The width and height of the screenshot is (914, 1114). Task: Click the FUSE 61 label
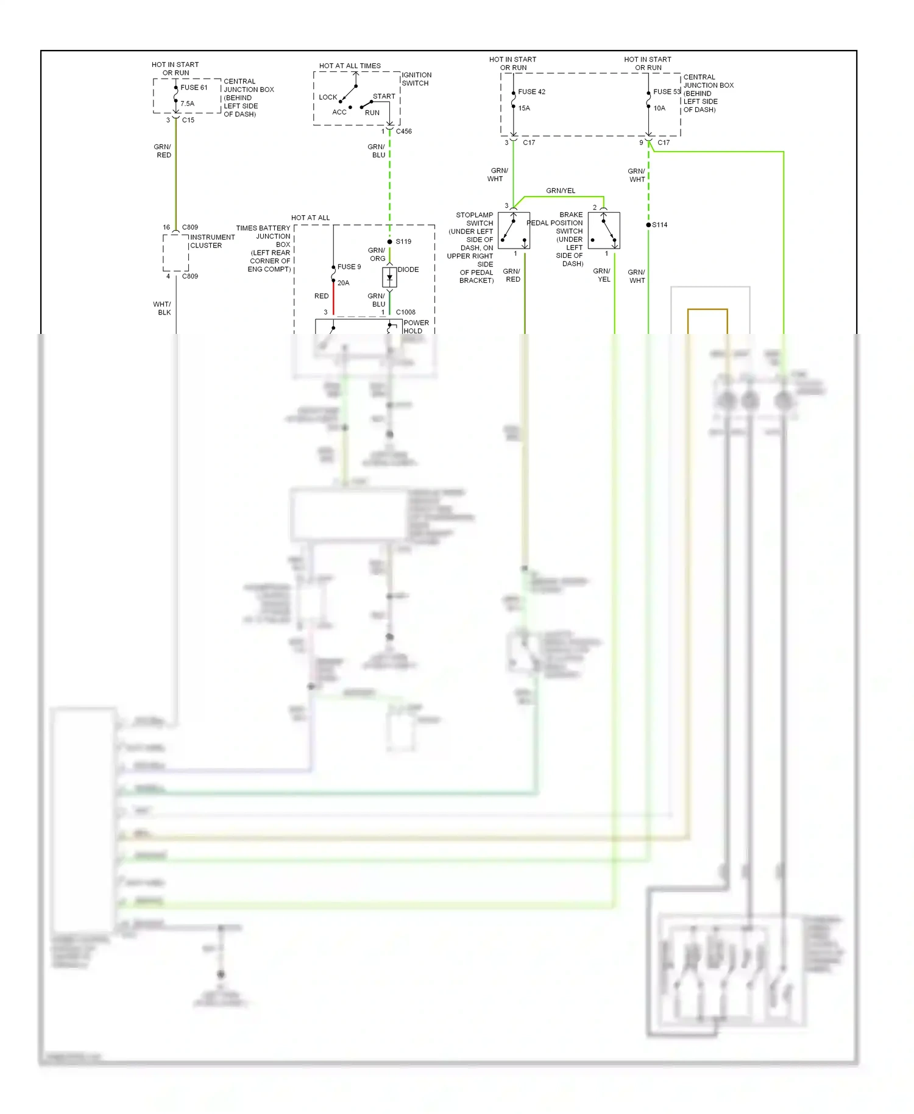[194, 87]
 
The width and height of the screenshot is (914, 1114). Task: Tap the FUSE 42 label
[531, 92]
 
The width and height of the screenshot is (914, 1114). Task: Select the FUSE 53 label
[666, 92]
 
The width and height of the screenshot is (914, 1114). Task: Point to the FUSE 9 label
[349, 267]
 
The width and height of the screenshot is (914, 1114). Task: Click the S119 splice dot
[390, 242]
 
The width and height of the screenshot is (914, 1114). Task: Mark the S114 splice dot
[648, 225]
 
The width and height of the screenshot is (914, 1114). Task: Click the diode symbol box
[389, 277]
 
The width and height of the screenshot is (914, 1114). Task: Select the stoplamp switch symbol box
[514, 230]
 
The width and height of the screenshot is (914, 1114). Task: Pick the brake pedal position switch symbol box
[604, 230]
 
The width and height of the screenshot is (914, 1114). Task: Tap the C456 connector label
[403, 132]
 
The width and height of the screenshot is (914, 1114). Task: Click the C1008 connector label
[405, 312]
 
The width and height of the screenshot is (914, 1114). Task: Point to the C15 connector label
[188, 120]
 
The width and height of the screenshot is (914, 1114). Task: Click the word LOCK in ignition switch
[328, 98]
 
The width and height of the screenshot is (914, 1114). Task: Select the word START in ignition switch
[384, 96]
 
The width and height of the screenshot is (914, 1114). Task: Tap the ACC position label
[339, 112]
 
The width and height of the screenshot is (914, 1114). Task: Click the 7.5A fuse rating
[187, 104]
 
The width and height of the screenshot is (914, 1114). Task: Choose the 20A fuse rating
[343, 283]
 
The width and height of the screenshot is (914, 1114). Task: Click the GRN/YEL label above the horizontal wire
[560, 191]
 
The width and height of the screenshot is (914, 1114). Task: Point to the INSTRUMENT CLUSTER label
[212, 241]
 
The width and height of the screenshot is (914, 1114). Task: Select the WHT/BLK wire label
[162, 308]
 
